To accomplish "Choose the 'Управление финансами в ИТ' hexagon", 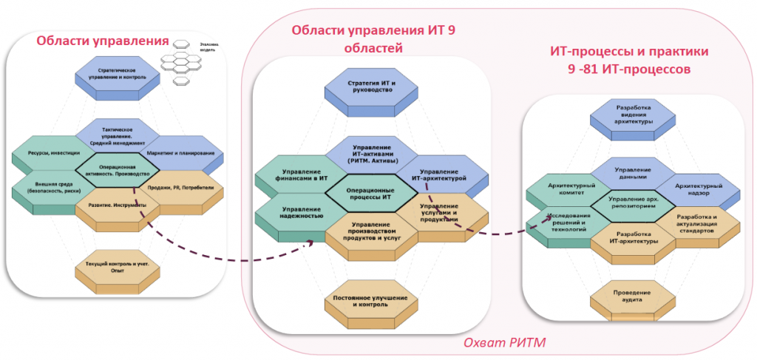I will tap(293, 175).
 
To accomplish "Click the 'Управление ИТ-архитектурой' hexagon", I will tap(441, 174).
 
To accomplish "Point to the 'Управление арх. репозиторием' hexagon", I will tap(632, 203).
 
